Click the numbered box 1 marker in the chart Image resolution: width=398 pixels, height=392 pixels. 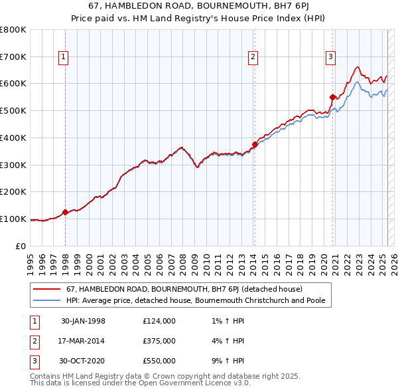63,57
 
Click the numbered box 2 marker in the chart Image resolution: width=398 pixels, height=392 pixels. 253,57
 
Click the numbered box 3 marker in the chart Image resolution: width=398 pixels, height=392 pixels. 330,57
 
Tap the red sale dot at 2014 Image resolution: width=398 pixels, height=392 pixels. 255,144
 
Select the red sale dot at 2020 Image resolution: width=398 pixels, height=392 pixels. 332,97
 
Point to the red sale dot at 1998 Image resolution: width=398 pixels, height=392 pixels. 65,213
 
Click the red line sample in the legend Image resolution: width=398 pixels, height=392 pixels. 47,290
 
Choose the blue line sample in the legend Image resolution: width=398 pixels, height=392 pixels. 47,301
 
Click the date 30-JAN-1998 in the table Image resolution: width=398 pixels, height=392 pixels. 83,321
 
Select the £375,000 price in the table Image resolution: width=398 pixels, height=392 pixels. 159,341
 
